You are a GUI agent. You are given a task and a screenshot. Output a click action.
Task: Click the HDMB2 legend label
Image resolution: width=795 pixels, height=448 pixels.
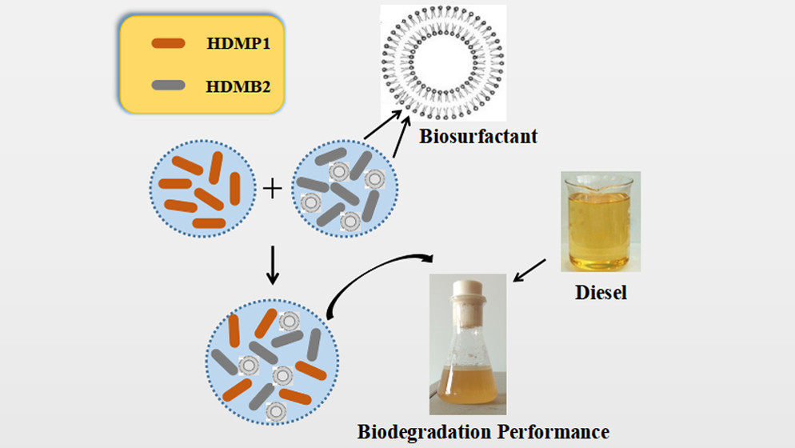coord(238,84)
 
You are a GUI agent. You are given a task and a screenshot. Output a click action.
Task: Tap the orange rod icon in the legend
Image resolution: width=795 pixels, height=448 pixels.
coord(169,44)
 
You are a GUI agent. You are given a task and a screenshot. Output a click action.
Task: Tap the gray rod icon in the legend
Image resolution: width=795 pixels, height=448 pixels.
coord(168,84)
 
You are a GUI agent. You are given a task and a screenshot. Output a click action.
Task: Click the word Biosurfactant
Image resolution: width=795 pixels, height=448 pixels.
coord(478,137)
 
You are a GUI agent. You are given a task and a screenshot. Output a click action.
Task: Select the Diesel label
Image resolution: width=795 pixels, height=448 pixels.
coord(601,293)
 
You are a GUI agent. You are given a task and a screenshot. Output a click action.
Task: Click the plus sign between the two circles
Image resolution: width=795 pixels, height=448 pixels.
coord(273,190)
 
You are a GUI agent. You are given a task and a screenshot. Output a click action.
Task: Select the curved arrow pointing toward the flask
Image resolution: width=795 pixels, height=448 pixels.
coord(376,272)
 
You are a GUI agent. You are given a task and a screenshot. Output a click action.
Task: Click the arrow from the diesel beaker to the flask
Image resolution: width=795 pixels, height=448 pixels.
coord(529,270)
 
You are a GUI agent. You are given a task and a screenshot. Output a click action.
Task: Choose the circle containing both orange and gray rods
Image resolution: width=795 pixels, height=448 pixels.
coord(272,360)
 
